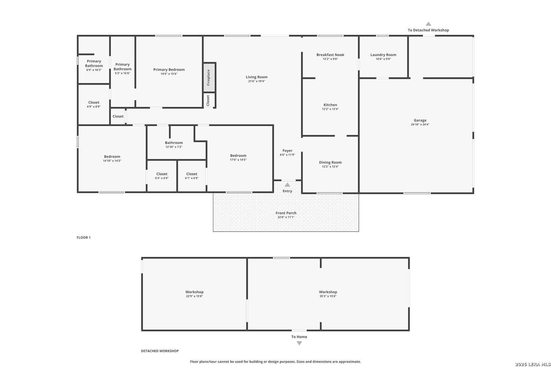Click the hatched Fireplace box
pos(209,77)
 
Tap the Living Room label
pos(256,77)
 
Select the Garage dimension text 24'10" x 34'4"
pos(420,124)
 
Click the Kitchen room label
pos(330,105)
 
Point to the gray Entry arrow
pos(287,185)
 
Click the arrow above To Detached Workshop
pos(428,24)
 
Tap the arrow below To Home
pos(299,343)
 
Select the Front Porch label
pos(286,213)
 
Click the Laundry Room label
pos(383,55)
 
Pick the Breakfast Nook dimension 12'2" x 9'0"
pos(330,59)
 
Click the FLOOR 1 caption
pos(84,238)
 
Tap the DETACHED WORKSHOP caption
pos(160,351)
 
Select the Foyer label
pos(287,151)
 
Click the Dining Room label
pos(330,162)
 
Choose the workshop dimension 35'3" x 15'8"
pos(328,296)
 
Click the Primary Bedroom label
pos(169,70)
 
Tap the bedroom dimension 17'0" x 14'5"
pos(238,160)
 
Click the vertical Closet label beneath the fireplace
pos(208,101)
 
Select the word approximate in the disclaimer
pos(350,362)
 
